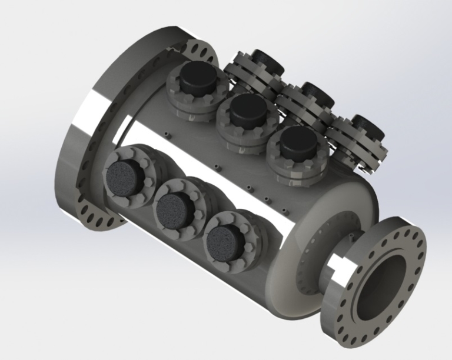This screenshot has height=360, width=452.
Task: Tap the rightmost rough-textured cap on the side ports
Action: pos(224,239)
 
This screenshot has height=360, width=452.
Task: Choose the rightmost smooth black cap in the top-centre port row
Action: pos(298,141)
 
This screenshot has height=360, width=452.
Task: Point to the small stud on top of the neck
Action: pos(351,235)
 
